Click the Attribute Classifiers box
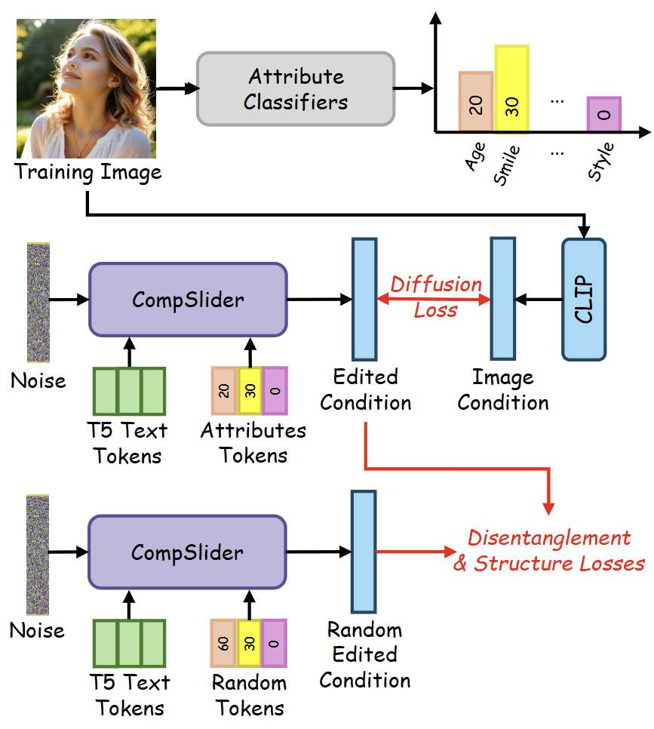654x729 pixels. tap(295, 88)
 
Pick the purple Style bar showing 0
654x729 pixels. tap(604, 114)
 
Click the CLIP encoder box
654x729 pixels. tap(584, 299)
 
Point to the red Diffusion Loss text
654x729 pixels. tap(436, 297)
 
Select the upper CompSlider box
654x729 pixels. tap(188, 300)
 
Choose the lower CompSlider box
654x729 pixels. tap(188, 552)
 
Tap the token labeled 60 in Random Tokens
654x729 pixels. tap(224, 644)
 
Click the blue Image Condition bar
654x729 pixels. tap(502, 300)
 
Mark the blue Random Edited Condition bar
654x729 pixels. tap(363, 552)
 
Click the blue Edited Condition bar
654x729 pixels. tap(364, 300)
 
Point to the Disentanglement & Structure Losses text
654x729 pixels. tap(548, 550)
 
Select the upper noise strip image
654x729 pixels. tap(38, 301)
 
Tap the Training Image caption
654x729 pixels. tap(88, 172)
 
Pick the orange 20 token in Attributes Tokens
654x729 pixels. tap(224, 391)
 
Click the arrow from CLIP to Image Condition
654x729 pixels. tap(539, 300)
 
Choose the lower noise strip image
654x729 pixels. tap(38, 554)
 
